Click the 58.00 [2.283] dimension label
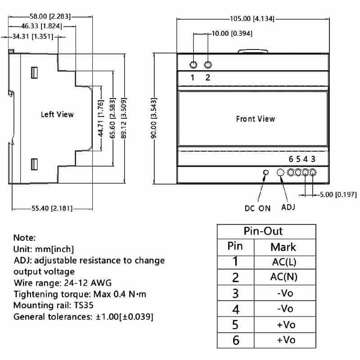click(x=50, y=16)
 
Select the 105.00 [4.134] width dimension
click(x=252, y=18)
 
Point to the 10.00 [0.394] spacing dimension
click(x=232, y=33)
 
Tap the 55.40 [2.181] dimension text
click(x=52, y=208)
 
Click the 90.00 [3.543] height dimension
click(x=154, y=118)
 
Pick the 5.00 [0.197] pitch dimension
click(x=338, y=195)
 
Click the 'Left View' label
click(x=57, y=114)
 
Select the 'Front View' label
click(x=255, y=119)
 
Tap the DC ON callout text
click(x=257, y=208)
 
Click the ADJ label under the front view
click(x=288, y=207)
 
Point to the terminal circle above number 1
click(x=193, y=65)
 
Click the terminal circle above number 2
click(x=208, y=65)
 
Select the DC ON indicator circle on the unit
click(x=266, y=172)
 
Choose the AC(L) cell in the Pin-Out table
click(x=284, y=262)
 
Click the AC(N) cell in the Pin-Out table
click(x=284, y=277)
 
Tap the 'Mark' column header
click(x=283, y=247)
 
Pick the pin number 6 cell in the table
click(x=236, y=340)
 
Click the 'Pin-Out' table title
click(x=263, y=231)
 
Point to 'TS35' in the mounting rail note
click(x=84, y=306)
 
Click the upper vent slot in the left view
click(x=34, y=73)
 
